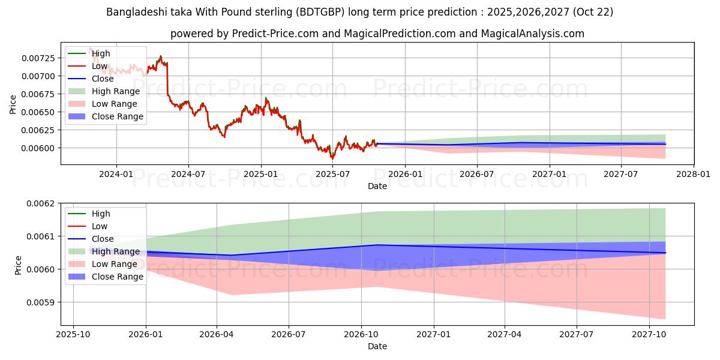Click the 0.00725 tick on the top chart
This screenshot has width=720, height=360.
40,58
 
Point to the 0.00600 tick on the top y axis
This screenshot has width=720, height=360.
40,148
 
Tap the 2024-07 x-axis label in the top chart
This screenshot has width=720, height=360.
188,174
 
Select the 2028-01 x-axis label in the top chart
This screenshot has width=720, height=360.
694,174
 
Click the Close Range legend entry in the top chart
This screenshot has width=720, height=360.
117,116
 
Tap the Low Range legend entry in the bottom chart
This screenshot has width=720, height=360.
114,264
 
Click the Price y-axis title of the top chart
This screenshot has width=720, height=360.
13,104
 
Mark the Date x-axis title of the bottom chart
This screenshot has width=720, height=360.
377,346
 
